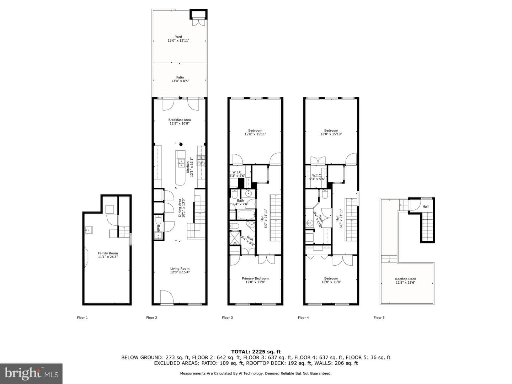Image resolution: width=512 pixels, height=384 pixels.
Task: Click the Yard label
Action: (x=178, y=37)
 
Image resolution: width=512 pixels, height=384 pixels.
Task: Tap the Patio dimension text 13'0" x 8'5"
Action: (x=180, y=81)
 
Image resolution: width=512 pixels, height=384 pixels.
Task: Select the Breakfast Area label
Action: (x=179, y=120)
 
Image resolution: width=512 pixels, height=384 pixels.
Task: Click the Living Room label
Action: (x=180, y=268)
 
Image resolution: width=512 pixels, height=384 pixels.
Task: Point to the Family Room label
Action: (x=108, y=253)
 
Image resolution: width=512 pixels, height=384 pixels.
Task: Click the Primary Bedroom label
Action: (x=255, y=278)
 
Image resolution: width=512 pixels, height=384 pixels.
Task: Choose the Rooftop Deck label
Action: (x=405, y=279)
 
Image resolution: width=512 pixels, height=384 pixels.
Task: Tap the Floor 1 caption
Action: (x=82, y=318)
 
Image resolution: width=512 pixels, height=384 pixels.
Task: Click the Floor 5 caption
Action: (x=379, y=318)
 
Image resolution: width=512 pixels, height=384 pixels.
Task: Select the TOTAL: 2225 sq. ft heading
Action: (x=256, y=352)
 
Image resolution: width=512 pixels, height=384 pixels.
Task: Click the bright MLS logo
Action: (x=31, y=374)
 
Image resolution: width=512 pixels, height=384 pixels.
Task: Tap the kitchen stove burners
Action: (x=201, y=161)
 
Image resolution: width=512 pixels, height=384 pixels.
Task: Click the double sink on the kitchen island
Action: (x=181, y=163)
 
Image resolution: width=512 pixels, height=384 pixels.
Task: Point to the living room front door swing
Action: (x=167, y=297)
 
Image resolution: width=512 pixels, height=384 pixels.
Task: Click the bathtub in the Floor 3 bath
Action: (x=246, y=214)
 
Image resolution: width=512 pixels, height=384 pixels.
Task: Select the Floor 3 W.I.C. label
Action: (x=237, y=172)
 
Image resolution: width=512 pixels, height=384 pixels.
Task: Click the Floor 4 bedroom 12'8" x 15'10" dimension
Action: (x=331, y=134)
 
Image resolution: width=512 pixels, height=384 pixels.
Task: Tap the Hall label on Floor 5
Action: (x=426, y=207)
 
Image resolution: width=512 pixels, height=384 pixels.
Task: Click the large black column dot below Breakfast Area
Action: (x=181, y=144)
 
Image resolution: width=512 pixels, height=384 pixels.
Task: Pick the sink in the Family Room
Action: (x=89, y=230)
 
